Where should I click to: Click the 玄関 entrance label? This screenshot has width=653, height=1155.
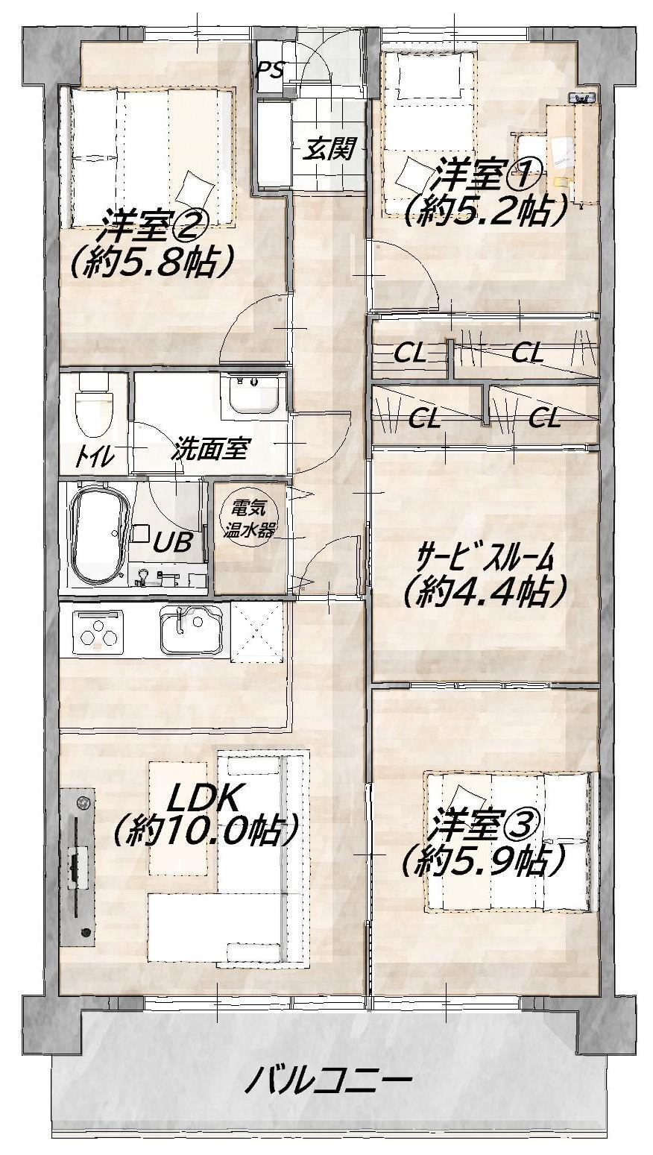coord(328,149)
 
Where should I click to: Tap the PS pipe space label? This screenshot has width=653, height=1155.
coord(270,69)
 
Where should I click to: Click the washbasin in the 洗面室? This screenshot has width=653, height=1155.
coord(253,393)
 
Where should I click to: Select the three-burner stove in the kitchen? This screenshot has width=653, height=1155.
coord(98,632)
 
